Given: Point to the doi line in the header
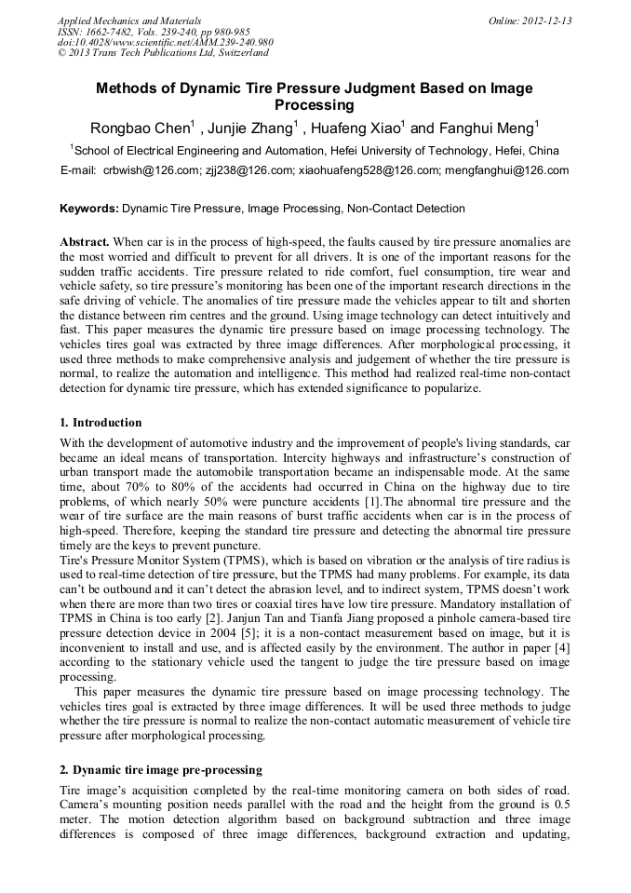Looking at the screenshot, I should coord(165,42).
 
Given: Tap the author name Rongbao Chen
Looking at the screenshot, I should coord(138,129).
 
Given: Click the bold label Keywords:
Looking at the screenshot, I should coord(89,209).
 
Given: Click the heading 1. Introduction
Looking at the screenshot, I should coord(101,422).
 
